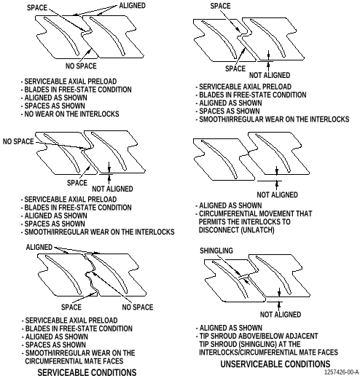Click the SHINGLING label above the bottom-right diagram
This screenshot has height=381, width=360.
pyautogui.click(x=216, y=251)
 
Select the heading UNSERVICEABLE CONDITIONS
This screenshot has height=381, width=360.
pyautogui.click(x=275, y=364)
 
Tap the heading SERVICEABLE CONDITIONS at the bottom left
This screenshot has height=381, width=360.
pyautogui.click(x=87, y=372)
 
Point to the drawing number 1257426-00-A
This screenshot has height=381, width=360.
pyautogui.click(x=342, y=372)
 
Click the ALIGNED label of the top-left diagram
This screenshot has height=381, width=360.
pyautogui.click(x=132, y=6)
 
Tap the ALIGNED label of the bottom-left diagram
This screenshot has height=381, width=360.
pyautogui.click(x=39, y=247)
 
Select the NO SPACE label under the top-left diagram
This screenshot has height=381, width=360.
pyautogui.click(x=81, y=66)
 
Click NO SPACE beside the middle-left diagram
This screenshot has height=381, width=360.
pyautogui.click(x=18, y=141)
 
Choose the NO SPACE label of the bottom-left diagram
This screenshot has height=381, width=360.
pyautogui.click(x=138, y=307)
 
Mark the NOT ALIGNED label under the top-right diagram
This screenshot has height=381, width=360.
pyautogui.click(x=270, y=75)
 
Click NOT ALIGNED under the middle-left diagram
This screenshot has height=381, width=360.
pyautogui.click(x=112, y=189)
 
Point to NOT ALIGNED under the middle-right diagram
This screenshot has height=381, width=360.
pyautogui.click(x=278, y=195)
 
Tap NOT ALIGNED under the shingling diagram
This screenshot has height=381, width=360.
pyautogui.click(x=281, y=315)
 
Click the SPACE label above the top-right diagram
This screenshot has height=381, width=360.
pyautogui.click(x=220, y=6)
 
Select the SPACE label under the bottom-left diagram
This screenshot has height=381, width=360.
pyautogui.click(x=71, y=307)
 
